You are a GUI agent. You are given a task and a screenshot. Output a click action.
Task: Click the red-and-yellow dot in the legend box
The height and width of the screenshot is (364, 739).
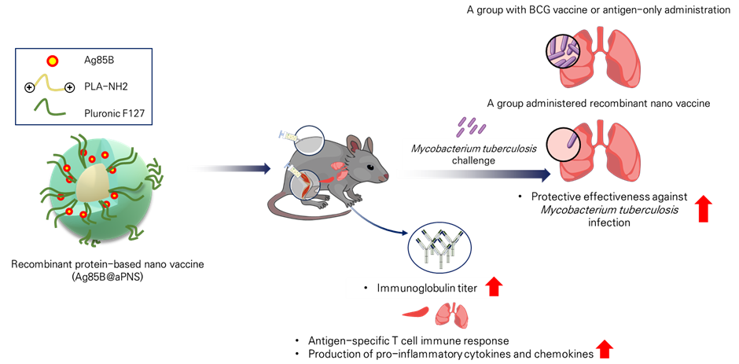pos(53,61)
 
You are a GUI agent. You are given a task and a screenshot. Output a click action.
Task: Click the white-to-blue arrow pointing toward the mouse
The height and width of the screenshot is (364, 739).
pos(228,168)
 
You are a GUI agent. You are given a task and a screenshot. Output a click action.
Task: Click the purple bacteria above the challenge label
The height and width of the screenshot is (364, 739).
pos(469,125)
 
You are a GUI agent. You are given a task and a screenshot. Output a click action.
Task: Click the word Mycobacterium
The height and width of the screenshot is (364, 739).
pos(443,147)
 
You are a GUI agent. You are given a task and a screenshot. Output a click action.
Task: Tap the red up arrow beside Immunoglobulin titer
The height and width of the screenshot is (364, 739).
pos(493,286)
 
